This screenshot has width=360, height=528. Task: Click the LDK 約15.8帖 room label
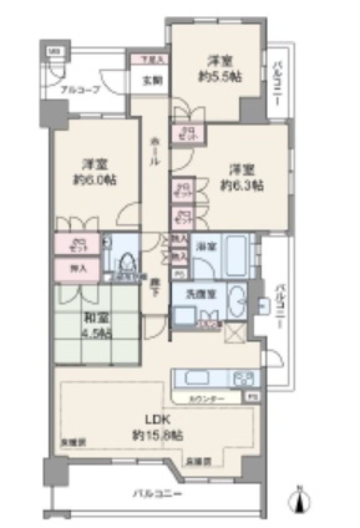[x=157, y=428]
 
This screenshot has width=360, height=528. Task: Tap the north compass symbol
[x=300, y=500]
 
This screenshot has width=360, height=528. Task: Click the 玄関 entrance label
[x=148, y=81]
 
